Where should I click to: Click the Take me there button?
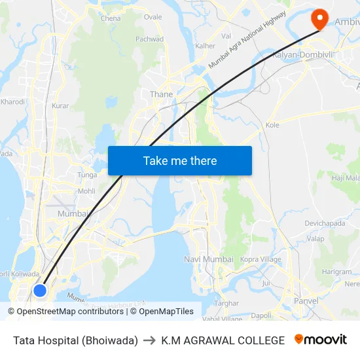[180, 160]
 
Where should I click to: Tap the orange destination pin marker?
[320, 18]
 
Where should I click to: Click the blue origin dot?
[40, 290]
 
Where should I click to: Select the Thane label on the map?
[162, 94]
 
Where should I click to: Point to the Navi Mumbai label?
[209, 259]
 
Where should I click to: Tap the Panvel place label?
[306, 301]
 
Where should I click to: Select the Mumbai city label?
[73, 213]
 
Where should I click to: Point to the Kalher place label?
[205, 46]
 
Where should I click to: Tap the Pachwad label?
[149, 39]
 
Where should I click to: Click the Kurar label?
[60, 105]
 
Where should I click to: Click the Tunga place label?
[87, 175]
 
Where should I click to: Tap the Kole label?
[272, 124]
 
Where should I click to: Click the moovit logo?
[321, 340]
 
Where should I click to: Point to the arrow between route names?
[150, 340]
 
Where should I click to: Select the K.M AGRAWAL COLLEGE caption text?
[223, 340]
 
